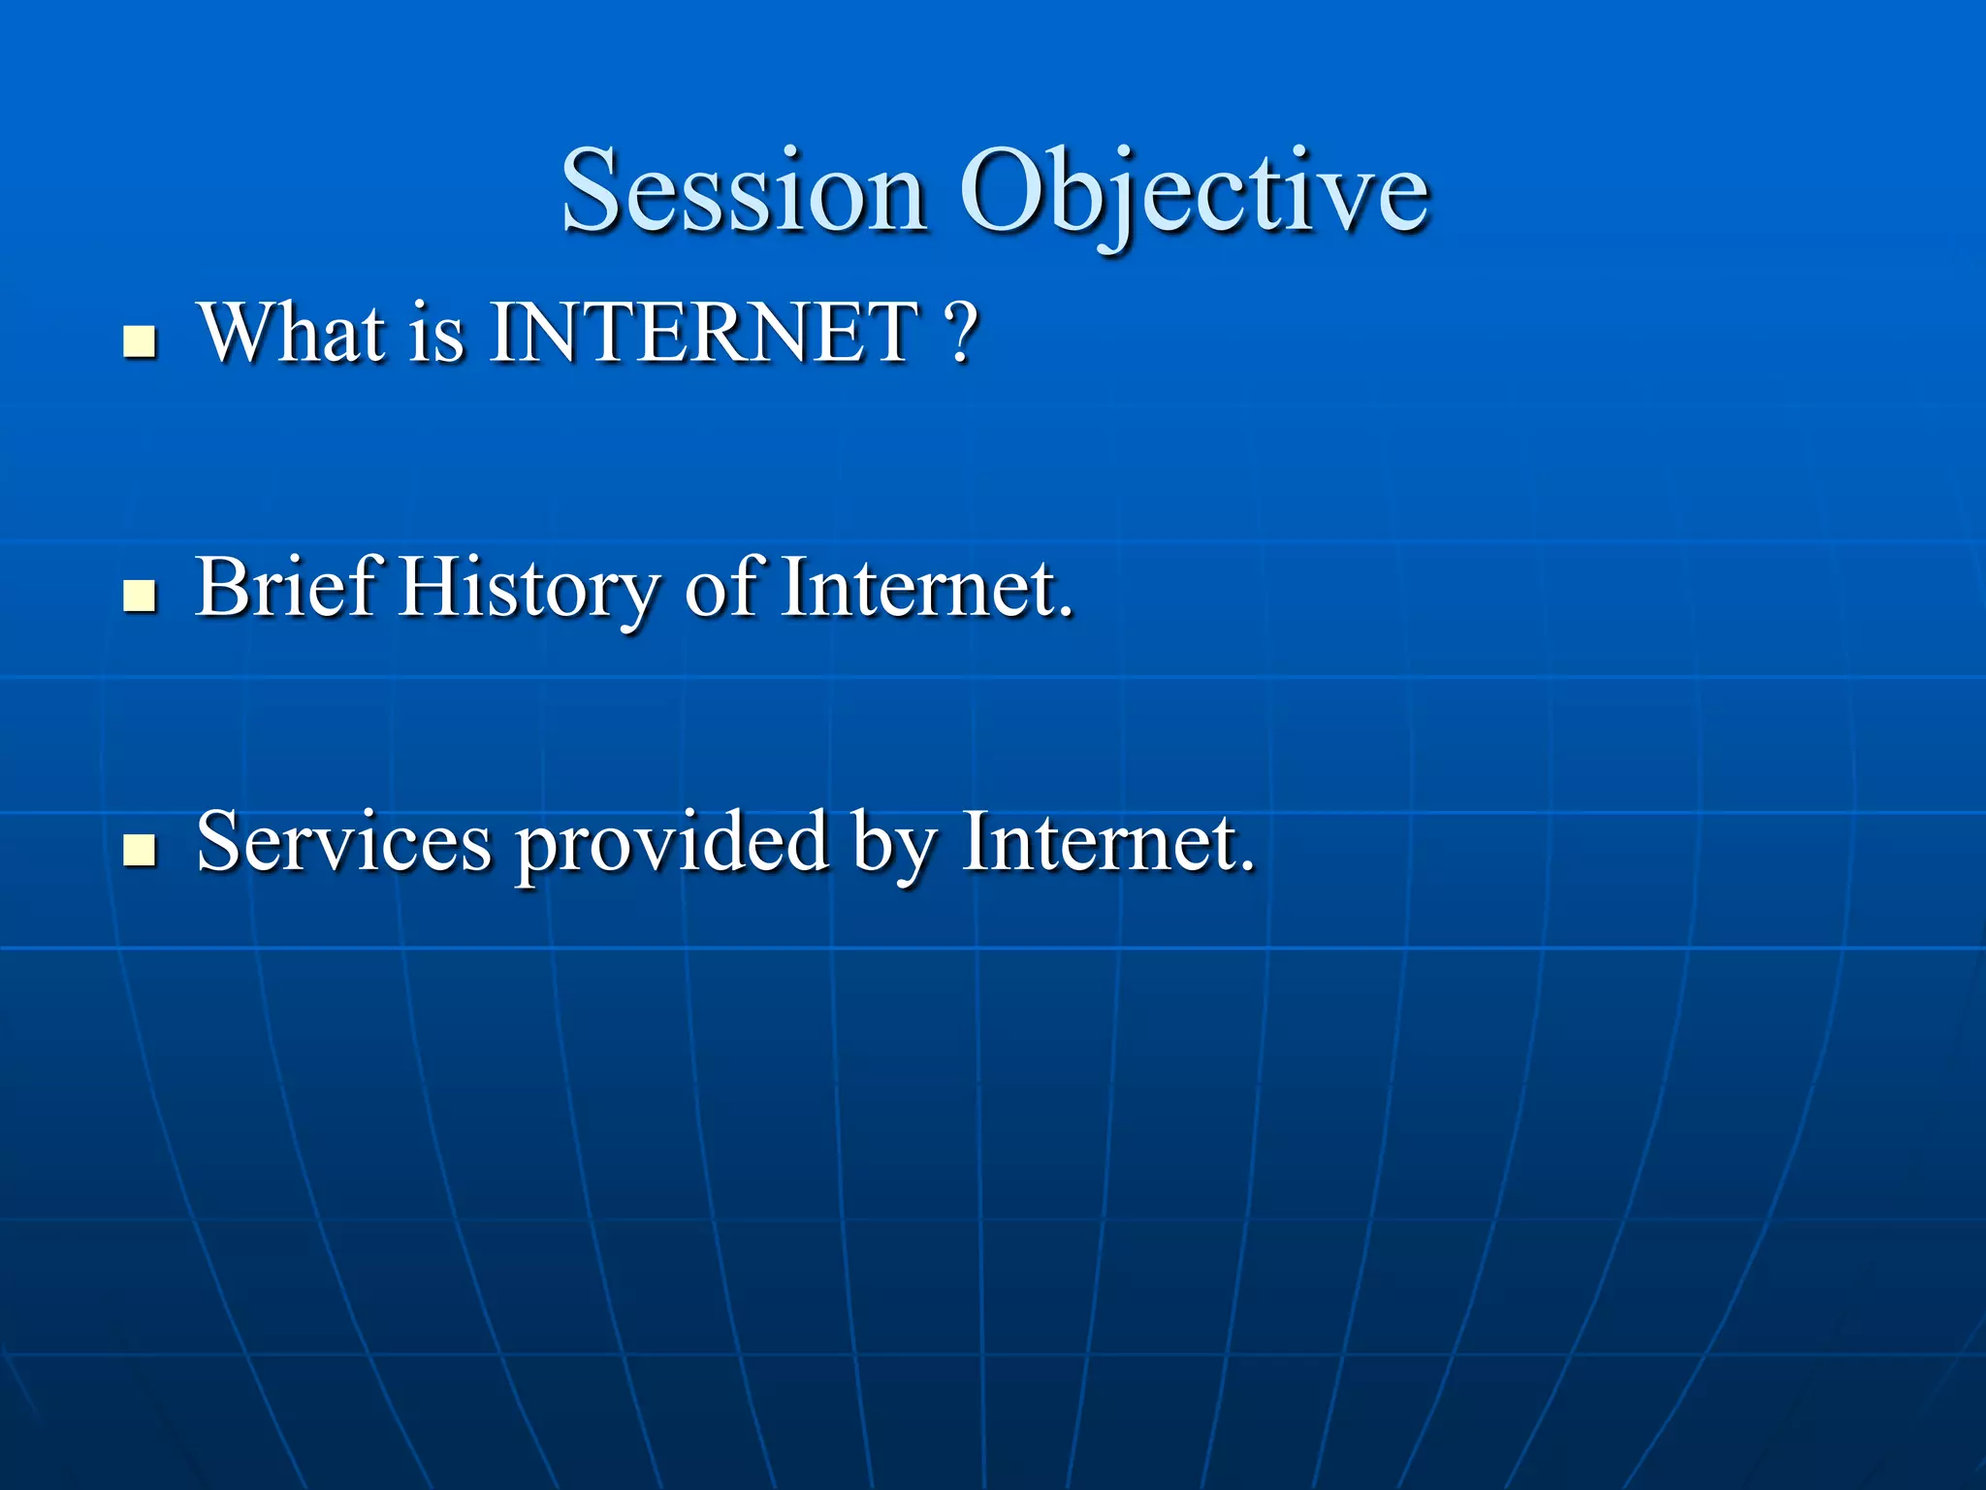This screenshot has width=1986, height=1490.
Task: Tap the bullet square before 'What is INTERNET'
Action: pyautogui.click(x=141, y=341)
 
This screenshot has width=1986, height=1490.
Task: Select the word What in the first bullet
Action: pyautogui.click(x=292, y=333)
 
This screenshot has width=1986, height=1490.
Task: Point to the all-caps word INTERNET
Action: pyautogui.click(x=704, y=333)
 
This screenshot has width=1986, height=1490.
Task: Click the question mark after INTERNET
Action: pyautogui.click(x=960, y=333)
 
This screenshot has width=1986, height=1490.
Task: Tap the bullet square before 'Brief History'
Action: pyautogui.click(x=141, y=596)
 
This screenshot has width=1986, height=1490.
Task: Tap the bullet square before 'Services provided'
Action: pyautogui.click(x=141, y=850)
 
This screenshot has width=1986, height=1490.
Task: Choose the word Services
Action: pyautogui.click(x=344, y=842)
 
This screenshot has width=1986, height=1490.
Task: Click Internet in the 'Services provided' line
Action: pyautogui.click(x=1101, y=842)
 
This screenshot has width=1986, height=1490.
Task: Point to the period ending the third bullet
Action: pyautogui.click(x=1247, y=866)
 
